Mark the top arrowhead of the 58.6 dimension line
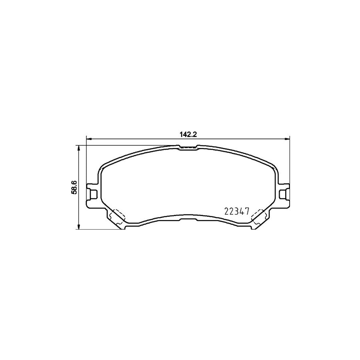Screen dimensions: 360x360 point(79,148)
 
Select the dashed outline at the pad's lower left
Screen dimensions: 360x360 point(118,216)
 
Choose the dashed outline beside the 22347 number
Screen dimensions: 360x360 point(256,216)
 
